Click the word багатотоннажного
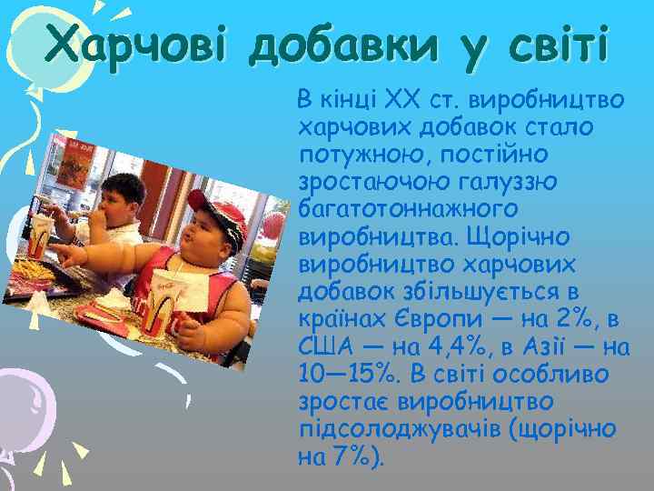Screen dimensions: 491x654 (x=408, y=209)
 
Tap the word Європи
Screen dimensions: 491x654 (x=441, y=321)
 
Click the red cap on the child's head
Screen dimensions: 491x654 (x=214, y=214)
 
